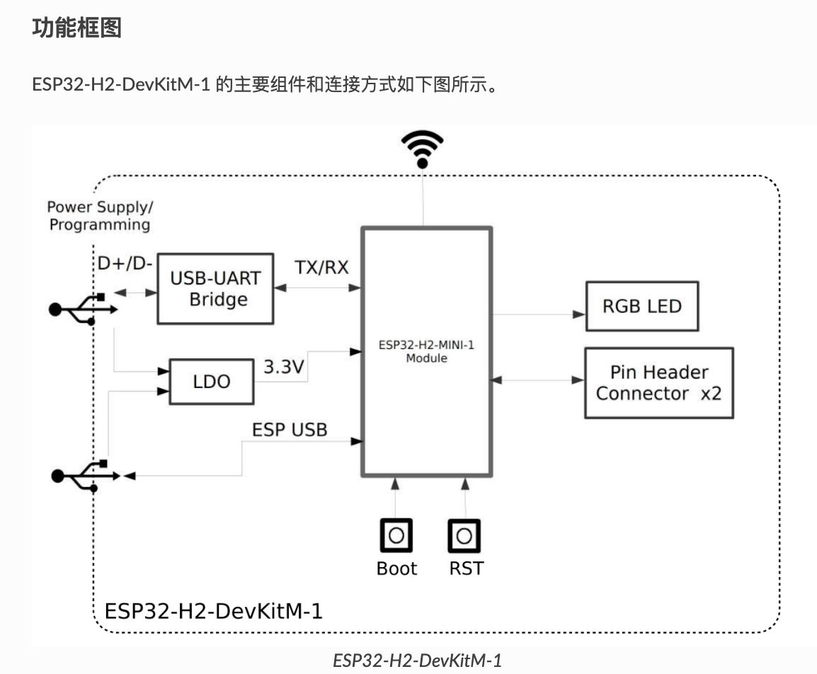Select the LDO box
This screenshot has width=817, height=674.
click(x=212, y=382)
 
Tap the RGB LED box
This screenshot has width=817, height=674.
click(x=641, y=306)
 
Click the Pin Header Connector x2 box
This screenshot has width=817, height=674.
click(x=658, y=382)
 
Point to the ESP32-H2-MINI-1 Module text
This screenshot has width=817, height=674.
click(x=426, y=353)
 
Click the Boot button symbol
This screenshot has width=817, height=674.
click(x=396, y=536)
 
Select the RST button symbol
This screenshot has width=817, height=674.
click(x=464, y=536)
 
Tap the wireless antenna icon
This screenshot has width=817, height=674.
click(x=422, y=148)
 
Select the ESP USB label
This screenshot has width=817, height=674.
click(x=290, y=429)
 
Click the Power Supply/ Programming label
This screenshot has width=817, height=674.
click(x=100, y=216)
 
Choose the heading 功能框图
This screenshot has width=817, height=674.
click(x=77, y=28)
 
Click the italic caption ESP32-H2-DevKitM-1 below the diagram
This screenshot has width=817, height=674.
click(x=417, y=660)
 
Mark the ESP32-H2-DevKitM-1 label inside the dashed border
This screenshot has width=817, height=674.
click(x=214, y=610)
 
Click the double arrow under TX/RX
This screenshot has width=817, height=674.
click(x=319, y=287)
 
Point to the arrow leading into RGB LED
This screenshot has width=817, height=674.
click(x=538, y=314)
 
